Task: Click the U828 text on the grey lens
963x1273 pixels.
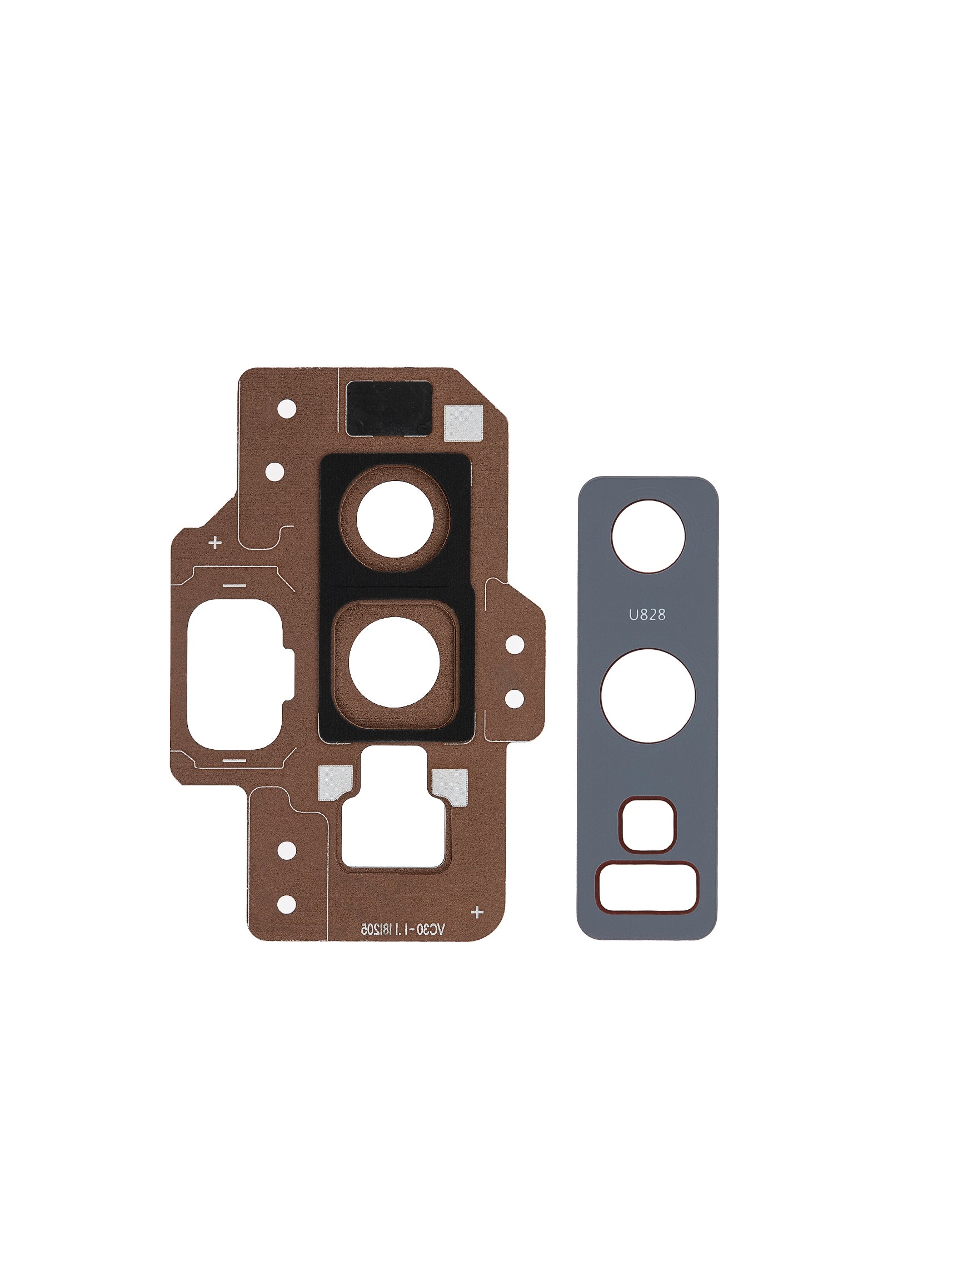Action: coord(647,615)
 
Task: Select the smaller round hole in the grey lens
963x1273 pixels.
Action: coord(648,537)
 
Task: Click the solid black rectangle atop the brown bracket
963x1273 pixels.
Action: coord(388,408)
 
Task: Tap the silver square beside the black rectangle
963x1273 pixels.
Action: coord(463,424)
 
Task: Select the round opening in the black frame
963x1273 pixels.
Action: coord(395,519)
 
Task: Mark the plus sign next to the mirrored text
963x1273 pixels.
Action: coord(477,912)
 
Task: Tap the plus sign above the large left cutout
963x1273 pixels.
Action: coord(215,543)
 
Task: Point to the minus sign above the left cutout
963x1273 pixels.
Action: coord(234,586)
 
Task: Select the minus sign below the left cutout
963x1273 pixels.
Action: coord(234,761)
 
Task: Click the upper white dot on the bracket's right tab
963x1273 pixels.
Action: coord(515,645)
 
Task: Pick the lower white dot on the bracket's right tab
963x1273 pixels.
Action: coord(514,699)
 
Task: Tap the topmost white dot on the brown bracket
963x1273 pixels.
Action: coord(287,410)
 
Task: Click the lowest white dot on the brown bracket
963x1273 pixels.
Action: coord(287,904)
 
